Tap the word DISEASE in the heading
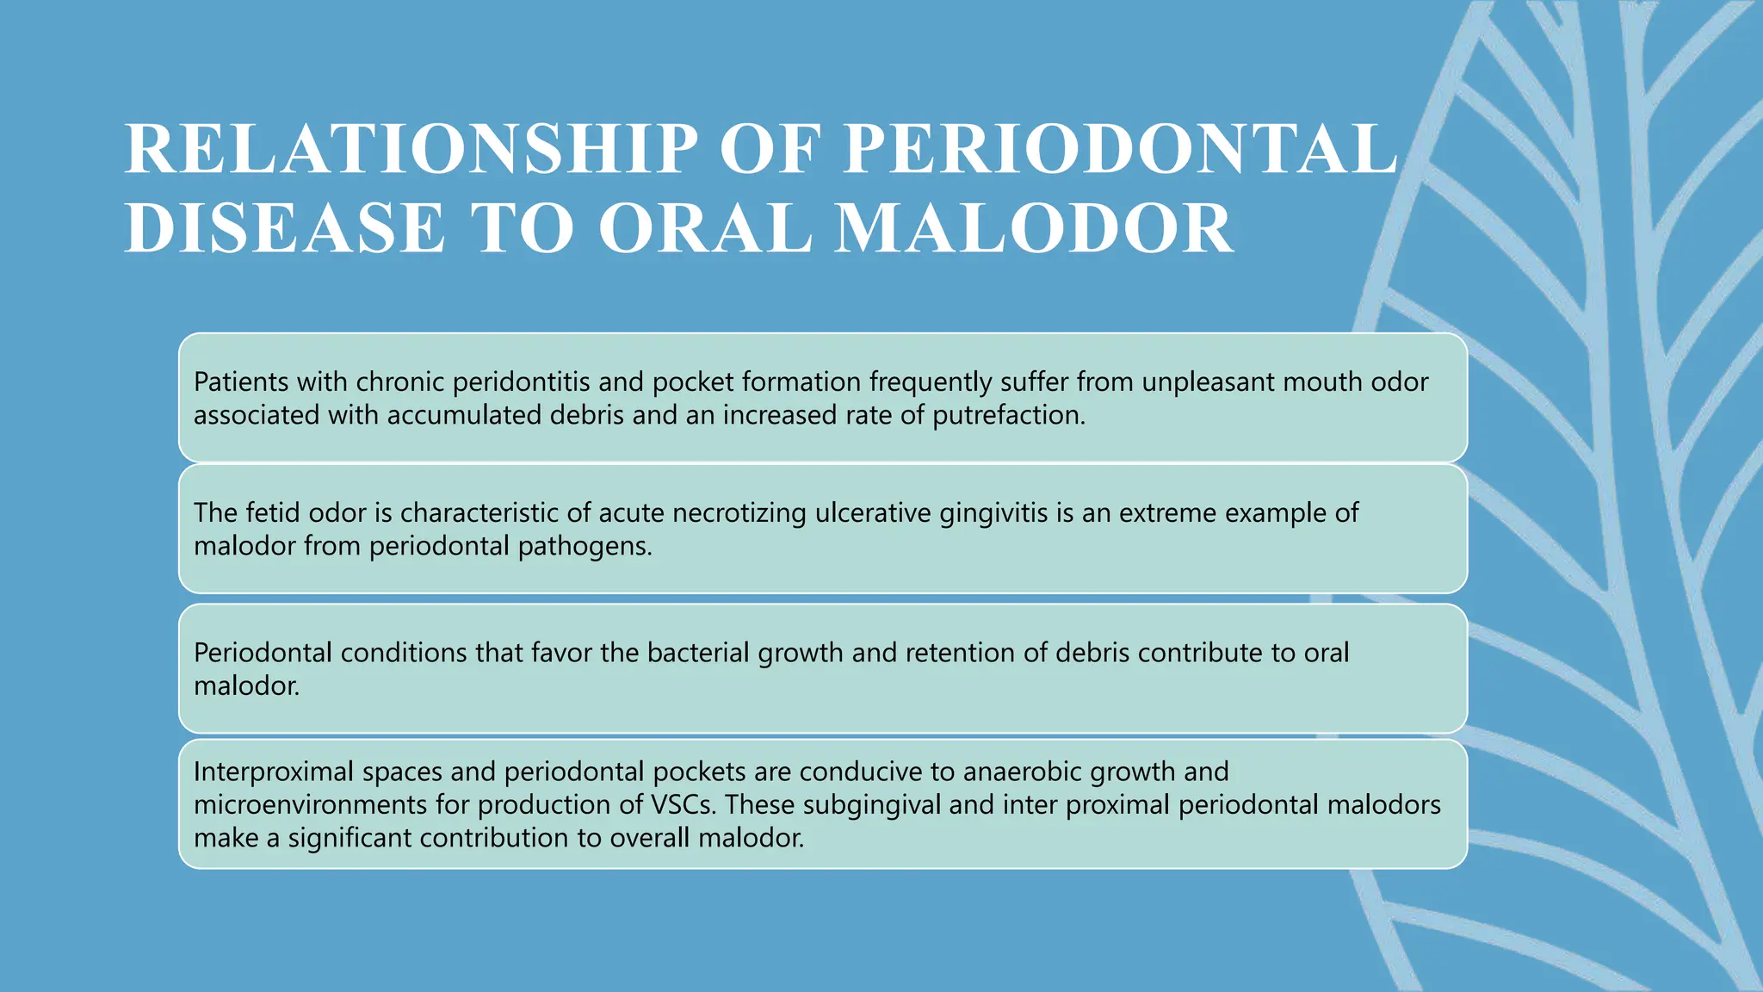coord(284,228)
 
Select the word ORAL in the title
coord(705,228)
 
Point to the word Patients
coord(240,381)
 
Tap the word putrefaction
coord(1008,415)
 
